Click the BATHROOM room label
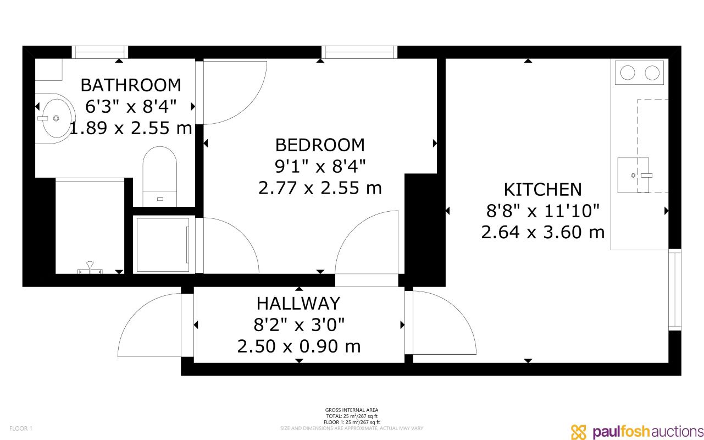pyautogui.click(x=130, y=85)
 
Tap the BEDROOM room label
pyautogui.click(x=319, y=145)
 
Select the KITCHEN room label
pyautogui.click(x=542, y=190)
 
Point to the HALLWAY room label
pyautogui.click(x=298, y=304)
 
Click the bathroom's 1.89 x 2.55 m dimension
pyautogui.click(x=130, y=129)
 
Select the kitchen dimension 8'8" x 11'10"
pyautogui.click(x=542, y=211)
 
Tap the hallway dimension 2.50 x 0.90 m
pyautogui.click(x=298, y=346)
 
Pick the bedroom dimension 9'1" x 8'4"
pyautogui.click(x=319, y=166)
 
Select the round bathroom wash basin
pyautogui.click(x=55, y=118)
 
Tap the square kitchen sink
pyautogui.click(x=633, y=175)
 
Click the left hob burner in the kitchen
pyautogui.click(x=627, y=73)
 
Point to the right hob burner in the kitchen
pyautogui.click(x=652, y=73)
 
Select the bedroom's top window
pyautogui.click(x=359, y=52)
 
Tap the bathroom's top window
pyautogui.click(x=100, y=52)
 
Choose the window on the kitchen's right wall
pyautogui.click(x=675, y=290)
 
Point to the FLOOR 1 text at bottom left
pyautogui.click(x=23, y=428)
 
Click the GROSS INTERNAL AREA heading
pyautogui.click(x=351, y=410)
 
